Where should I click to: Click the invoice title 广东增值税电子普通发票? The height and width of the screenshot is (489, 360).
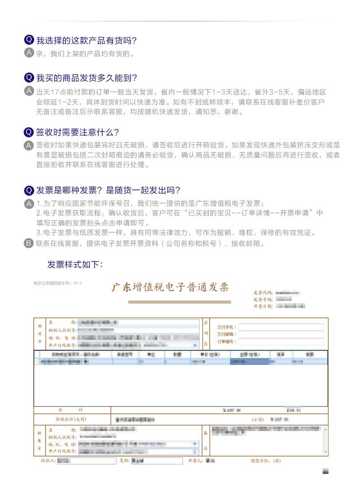pyautogui.click(x=170, y=288)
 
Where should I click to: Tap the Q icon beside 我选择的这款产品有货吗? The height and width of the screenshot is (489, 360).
pyautogui.click(x=29, y=40)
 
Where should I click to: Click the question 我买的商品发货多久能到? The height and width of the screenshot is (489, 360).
pyautogui.click(x=87, y=78)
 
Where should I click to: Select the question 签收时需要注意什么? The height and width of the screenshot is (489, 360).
pyautogui.click(x=77, y=132)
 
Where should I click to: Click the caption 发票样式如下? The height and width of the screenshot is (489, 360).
pyautogui.click(x=75, y=264)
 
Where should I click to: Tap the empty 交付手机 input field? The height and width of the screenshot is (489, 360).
pyautogui.click(x=281, y=327)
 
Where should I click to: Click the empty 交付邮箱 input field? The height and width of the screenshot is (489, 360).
pyautogui.click(x=281, y=334)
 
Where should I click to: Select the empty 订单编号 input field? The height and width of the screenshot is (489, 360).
pyautogui.click(x=281, y=342)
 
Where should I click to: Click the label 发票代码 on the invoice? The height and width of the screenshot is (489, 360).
pyautogui.click(x=263, y=293)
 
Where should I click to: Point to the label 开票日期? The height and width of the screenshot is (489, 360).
pyautogui.click(x=263, y=307)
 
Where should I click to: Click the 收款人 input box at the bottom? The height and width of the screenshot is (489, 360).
pyautogui.click(x=87, y=461)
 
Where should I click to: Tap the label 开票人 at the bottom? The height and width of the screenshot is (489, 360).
pyautogui.click(x=195, y=461)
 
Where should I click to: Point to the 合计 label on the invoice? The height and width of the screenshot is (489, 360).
pyautogui.click(x=71, y=410)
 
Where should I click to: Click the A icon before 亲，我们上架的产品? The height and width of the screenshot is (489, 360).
pyautogui.click(x=29, y=53)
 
